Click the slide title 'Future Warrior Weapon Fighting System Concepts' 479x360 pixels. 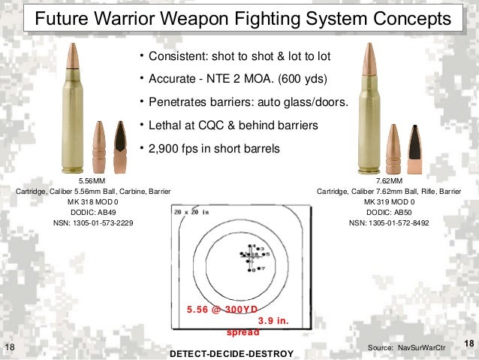pos(239,17)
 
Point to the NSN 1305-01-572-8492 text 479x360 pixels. pos(389,224)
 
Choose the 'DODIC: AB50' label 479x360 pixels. pos(389,213)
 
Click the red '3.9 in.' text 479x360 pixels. pos(273,320)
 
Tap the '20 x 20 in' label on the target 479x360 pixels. pos(188,213)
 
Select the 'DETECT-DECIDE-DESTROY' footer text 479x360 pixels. pos(232,353)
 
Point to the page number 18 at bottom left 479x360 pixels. pos(10,346)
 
